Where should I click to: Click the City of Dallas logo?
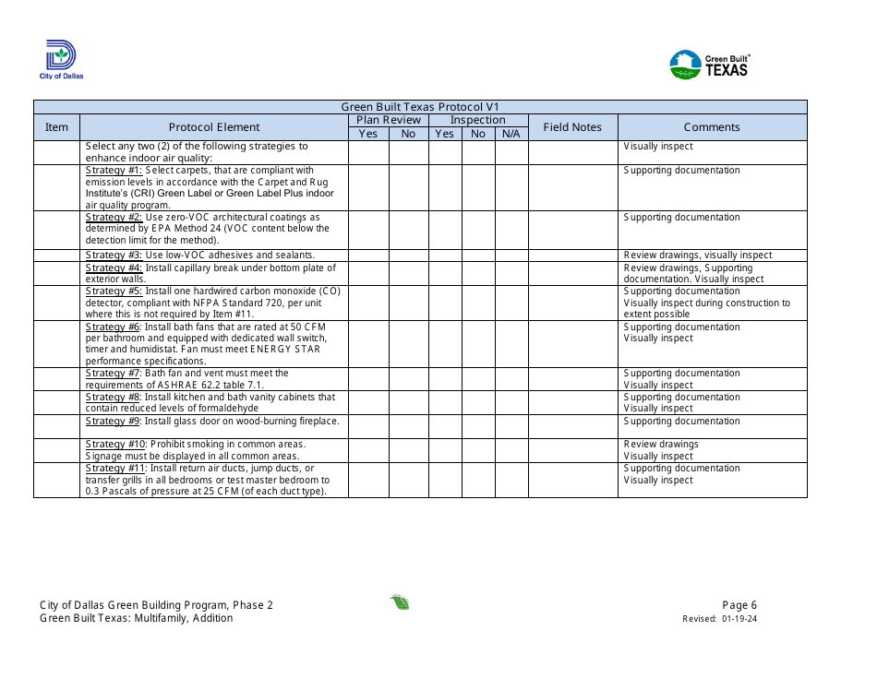pyautogui.click(x=62, y=60)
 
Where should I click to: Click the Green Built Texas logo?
pyautogui.click(x=709, y=65)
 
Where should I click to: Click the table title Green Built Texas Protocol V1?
pyautogui.click(x=420, y=107)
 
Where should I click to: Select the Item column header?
pyautogui.click(x=57, y=127)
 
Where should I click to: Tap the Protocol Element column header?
pyautogui.click(x=214, y=127)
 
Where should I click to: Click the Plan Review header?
pyautogui.click(x=389, y=120)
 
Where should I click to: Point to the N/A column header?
pyautogui.click(x=511, y=134)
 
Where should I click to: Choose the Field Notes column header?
pyautogui.click(x=572, y=127)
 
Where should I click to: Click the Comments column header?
pyautogui.click(x=712, y=127)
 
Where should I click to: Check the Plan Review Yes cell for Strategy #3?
pyautogui.click(x=368, y=256)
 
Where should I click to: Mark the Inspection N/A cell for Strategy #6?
pyautogui.click(x=511, y=344)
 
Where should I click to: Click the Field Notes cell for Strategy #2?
pyautogui.click(x=572, y=230)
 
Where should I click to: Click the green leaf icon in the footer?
pyautogui.click(x=400, y=603)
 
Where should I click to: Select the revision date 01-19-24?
pyautogui.click(x=740, y=620)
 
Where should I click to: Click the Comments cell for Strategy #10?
pyautogui.click(x=712, y=450)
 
